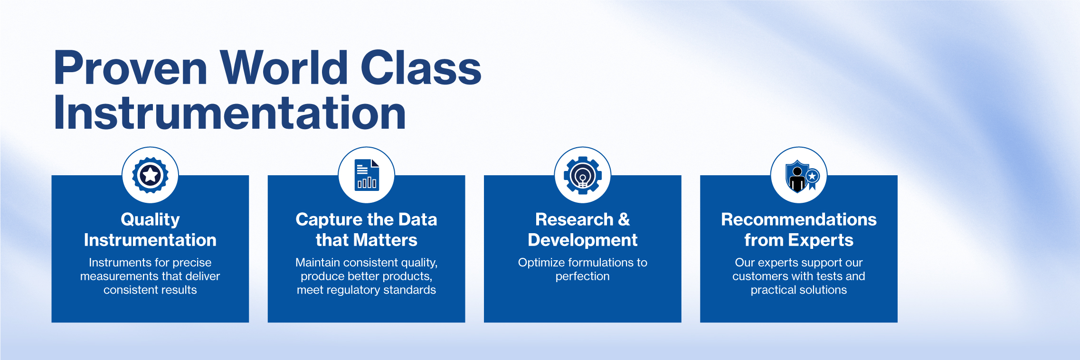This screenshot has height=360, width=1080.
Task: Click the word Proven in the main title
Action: [131, 68]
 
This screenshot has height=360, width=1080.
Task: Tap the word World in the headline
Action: [284, 67]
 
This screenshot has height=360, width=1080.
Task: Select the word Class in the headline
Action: [421, 67]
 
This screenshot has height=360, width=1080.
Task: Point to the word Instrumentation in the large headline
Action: [230, 113]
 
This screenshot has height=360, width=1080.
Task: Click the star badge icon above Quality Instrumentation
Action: [150, 175]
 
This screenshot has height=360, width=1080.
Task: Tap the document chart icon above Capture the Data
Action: [367, 175]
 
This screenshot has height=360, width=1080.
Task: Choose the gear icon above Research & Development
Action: [583, 175]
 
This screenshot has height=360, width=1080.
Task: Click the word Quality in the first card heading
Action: [150, 220]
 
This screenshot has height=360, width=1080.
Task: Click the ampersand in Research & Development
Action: [624, 219]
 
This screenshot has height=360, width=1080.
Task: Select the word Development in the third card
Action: [583, 241]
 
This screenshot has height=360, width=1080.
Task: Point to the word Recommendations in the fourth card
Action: [799, 219]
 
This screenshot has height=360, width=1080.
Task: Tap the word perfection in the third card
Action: [583, 276]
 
